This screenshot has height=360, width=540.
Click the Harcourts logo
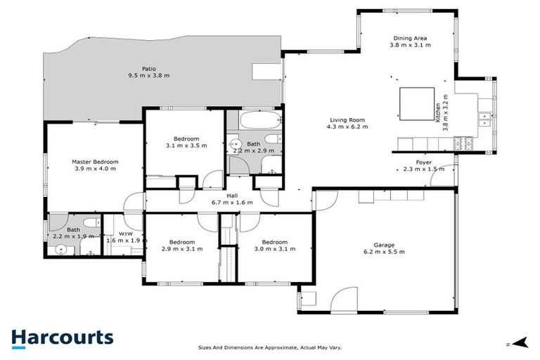62,337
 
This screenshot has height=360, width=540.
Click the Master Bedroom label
95,162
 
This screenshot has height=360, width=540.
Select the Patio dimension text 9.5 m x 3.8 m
148,75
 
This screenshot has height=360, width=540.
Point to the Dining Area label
409,39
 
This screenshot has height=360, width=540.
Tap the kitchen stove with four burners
463,144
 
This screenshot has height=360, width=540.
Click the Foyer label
423,162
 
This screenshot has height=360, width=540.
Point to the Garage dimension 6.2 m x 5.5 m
384,251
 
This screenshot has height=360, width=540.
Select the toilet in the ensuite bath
89,224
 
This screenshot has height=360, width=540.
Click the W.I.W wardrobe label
127,234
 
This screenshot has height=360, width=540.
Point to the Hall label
231,196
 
